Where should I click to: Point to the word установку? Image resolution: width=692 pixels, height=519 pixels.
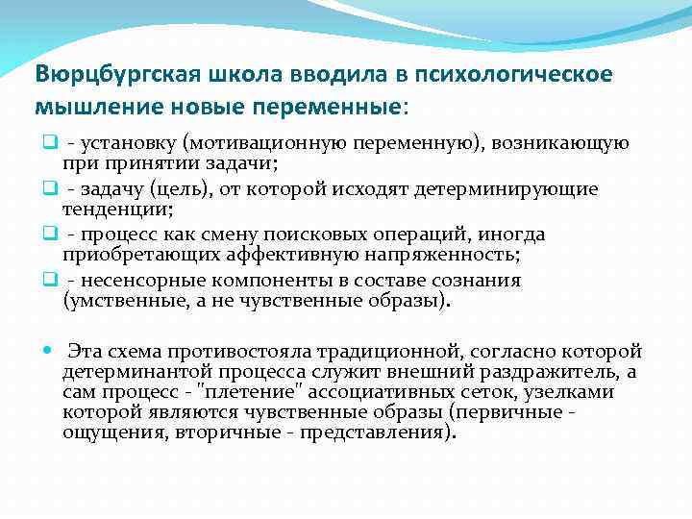[134, 143]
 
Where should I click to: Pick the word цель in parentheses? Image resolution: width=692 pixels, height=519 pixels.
[179, 189]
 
